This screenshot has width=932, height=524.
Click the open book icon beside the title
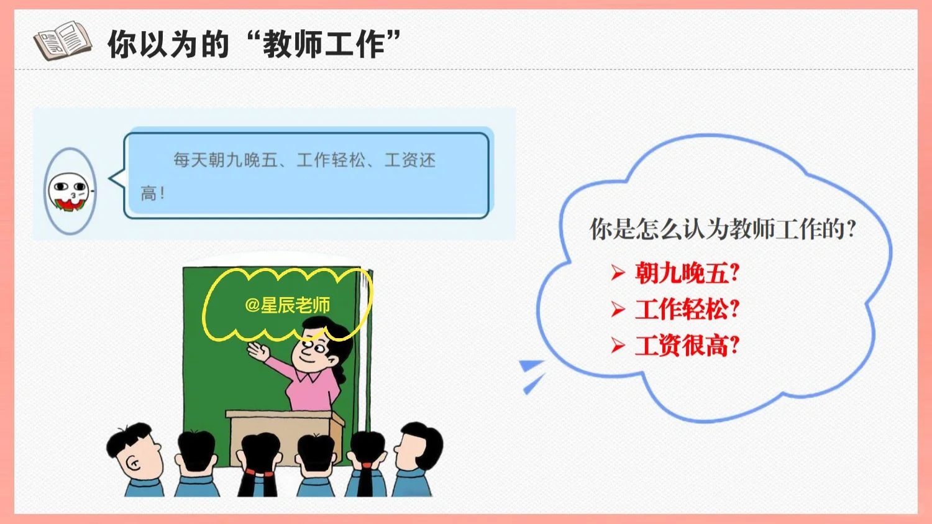click(63, 40)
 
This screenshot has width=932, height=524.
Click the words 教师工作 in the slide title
click(324, 44)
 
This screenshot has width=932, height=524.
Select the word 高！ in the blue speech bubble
click(153, 193)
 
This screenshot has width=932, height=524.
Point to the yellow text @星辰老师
click(288, 305)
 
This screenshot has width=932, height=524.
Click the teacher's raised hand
click(258, 351)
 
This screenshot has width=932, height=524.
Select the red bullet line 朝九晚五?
click(687, 273)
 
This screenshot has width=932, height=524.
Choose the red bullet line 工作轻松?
click(687, 309)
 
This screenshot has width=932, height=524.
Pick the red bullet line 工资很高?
click(687, 346)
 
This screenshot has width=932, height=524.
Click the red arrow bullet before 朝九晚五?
click(618, 273)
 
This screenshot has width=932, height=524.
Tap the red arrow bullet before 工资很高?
click(618, 346)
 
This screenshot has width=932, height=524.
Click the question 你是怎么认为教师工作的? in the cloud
click(723, 229)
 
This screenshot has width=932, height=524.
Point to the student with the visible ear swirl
click(135, 459)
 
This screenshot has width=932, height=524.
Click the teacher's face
click(311, 349)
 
